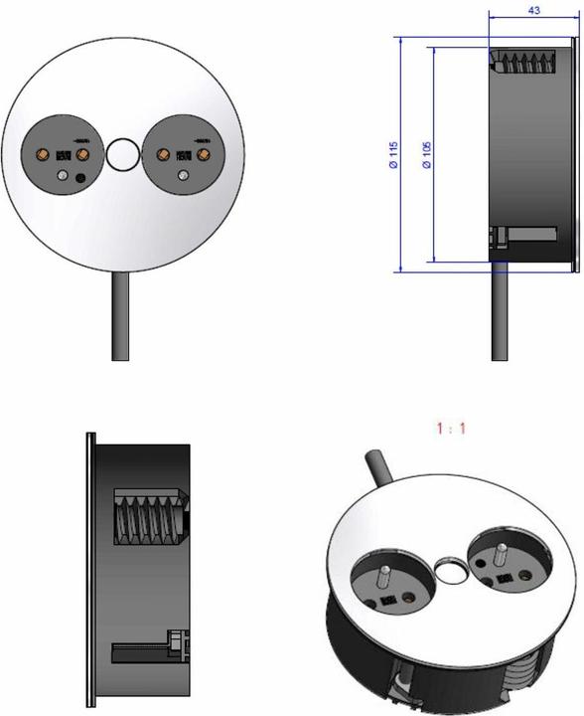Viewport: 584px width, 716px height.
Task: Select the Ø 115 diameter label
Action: click(x=393, y=153)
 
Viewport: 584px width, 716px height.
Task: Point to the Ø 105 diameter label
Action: click(x=426, y=153)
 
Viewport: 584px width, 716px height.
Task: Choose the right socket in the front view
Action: click(x=185, y=156)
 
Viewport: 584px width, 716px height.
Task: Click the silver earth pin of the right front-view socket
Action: click(x=183, y=176)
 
